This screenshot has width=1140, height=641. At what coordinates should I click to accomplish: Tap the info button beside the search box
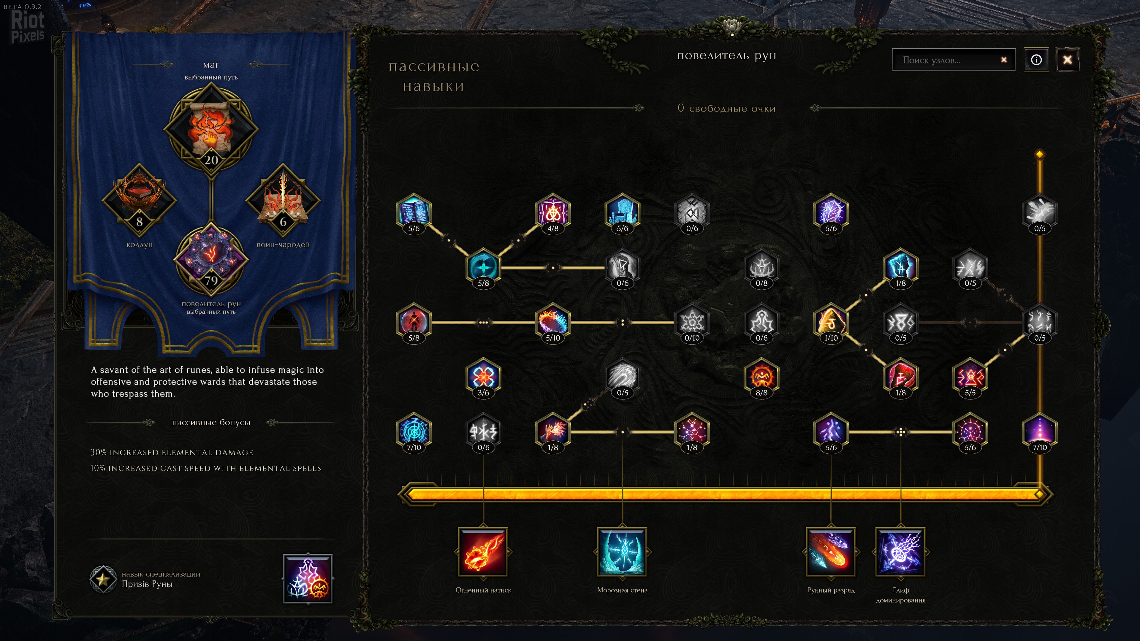(1036, 60)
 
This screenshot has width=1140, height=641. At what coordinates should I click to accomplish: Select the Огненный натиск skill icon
(483, 552)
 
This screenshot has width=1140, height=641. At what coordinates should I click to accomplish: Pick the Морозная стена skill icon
(622, 552)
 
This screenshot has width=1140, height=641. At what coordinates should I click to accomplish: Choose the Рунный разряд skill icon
(831, 552)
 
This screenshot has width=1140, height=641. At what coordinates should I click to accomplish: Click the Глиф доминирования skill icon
(900, 552)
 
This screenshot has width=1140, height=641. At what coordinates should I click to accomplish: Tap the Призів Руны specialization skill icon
(308, 578)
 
